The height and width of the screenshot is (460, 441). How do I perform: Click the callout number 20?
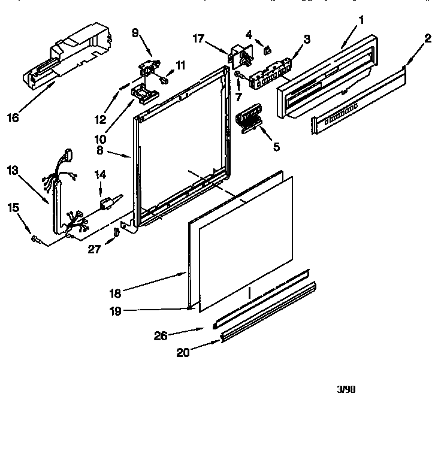183,353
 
